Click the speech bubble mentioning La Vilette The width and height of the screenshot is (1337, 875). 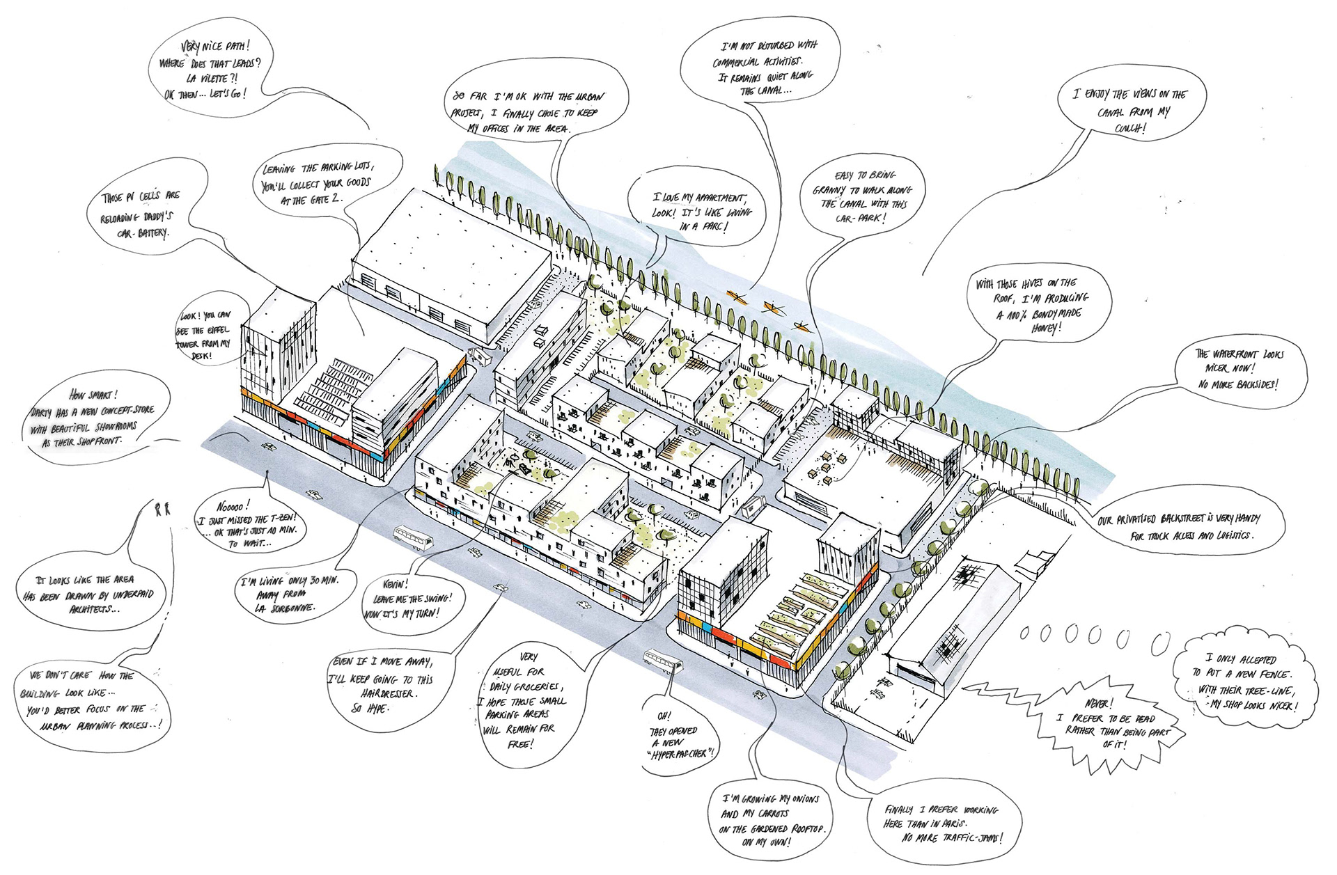pos(209,70)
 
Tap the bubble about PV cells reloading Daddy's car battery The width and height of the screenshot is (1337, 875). pos(143,214)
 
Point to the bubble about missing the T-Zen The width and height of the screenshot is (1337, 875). pos(247,526)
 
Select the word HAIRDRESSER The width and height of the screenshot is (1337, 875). pos(389,694)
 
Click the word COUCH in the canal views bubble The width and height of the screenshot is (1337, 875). pos(1129,128)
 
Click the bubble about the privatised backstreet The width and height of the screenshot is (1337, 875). pos(1191,527)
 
